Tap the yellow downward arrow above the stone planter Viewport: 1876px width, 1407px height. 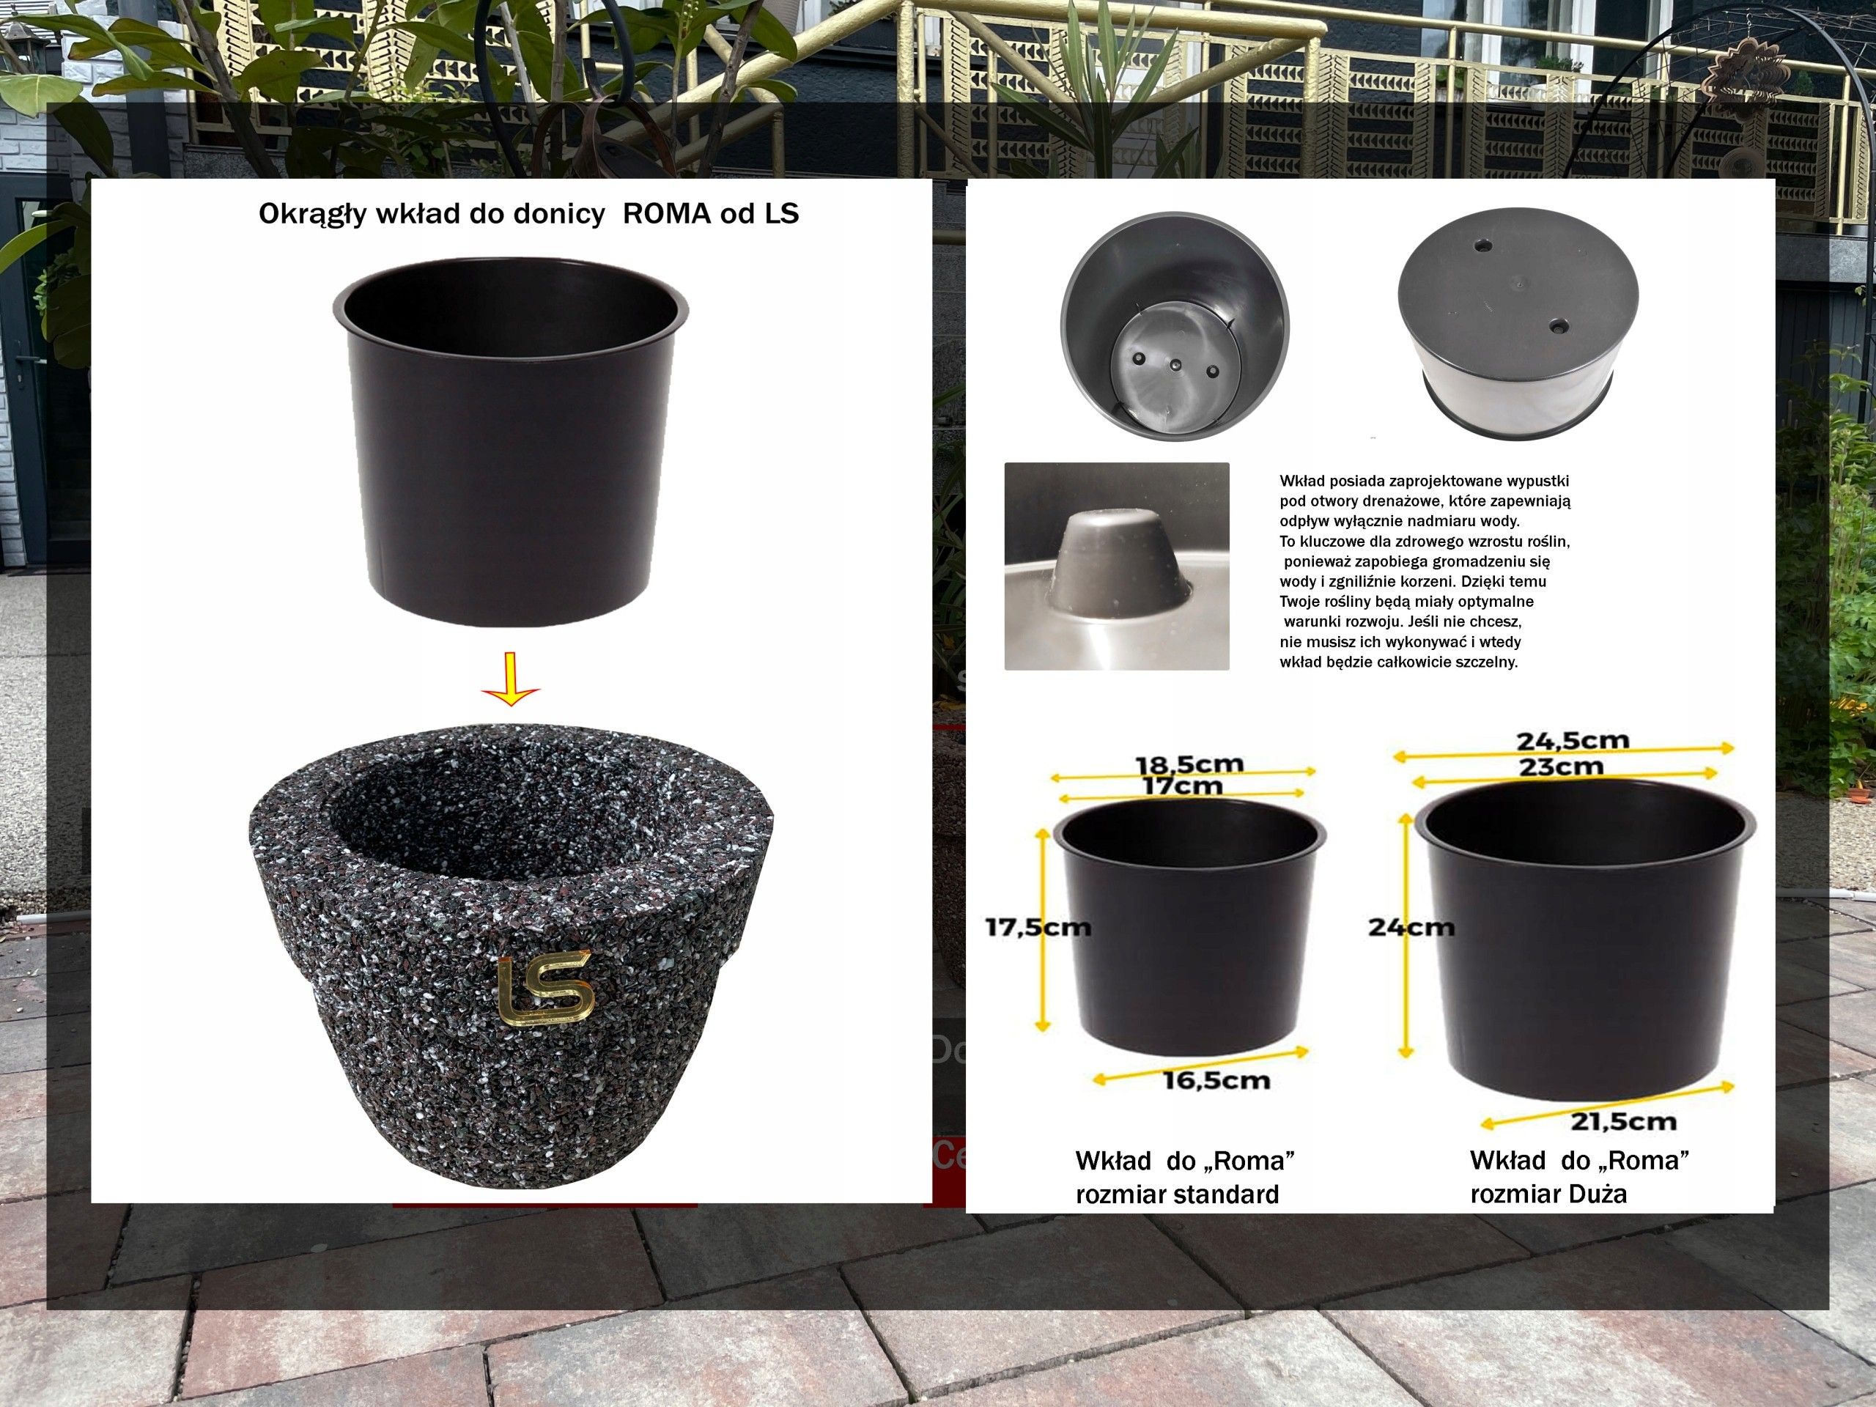click(x=511, y=679)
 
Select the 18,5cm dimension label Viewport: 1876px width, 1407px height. click(x=1189, y=764)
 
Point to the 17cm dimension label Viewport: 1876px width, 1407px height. click(x=1182, y=786)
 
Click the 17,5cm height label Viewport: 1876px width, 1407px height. click(x=1037, y=927)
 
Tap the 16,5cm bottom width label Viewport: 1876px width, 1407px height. click(x=1216, y=1080)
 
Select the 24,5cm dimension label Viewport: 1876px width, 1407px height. click(x=1573, y=740)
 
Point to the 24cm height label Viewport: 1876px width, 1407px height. click(x=1411, y=928)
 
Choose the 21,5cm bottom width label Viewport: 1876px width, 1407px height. click(x=1623, y=1121)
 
